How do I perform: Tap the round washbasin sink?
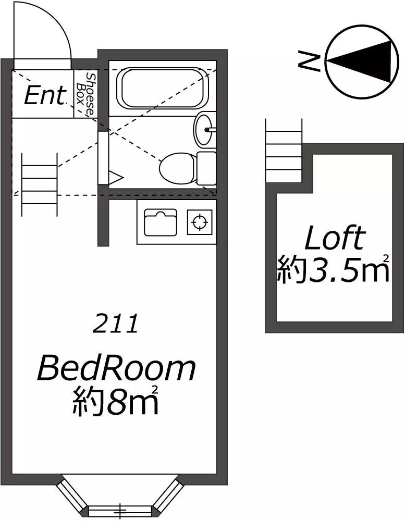(x=203, y=130)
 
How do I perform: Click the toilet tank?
(x=206, y=168)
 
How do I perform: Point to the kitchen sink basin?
(x=160, y=222)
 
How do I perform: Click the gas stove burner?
(x=200, y=222)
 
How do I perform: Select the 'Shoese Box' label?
(x=85, y=94)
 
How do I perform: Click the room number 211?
(x=115, y=324)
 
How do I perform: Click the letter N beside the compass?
(x=309, y=61)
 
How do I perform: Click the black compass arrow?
(x=360, y=61)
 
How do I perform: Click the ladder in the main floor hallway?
(x=39, y=184)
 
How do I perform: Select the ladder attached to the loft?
(x=284, y=151)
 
